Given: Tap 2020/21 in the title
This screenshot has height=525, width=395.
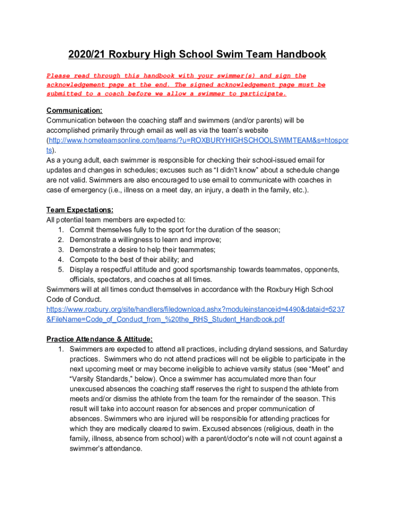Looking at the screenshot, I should (x=89, y=54).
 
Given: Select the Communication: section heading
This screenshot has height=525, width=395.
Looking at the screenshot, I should (x=74, y=110).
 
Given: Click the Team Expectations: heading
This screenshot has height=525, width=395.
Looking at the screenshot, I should (x=80, y=210).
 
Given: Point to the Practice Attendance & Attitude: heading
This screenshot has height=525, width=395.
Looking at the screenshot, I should (x=100, y=339).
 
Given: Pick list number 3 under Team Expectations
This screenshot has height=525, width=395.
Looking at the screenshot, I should (x=61, y=250).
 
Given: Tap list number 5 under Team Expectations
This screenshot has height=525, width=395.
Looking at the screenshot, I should (x=61, y=270).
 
